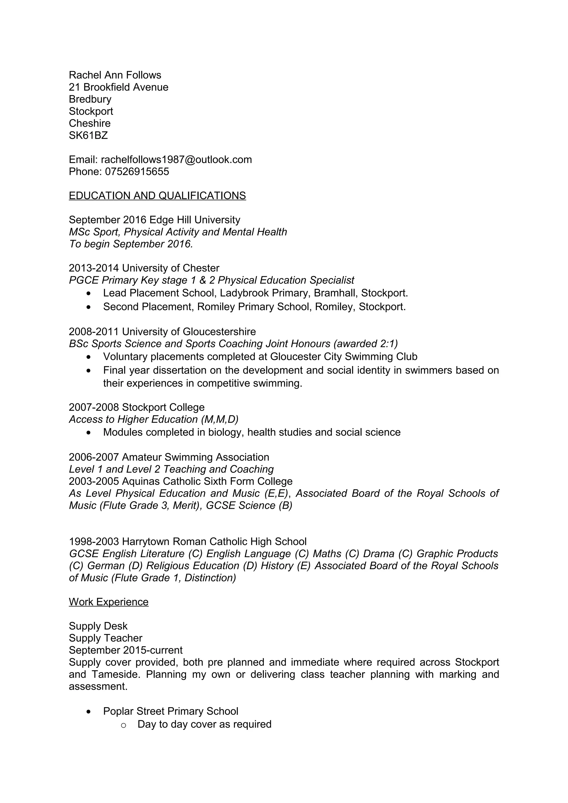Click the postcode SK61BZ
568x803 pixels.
coord(88,135)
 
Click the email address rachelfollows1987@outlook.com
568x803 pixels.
coord(176,160)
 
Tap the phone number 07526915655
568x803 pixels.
coord(137,172)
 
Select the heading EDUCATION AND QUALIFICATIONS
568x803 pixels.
coord(157,196)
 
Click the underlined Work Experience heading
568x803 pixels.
coord(108,602)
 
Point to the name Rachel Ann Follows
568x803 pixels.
coord(115,75)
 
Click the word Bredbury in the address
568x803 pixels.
coord(90,99)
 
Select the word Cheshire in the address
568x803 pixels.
coord(90,124)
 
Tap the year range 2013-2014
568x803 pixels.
coord(94,268)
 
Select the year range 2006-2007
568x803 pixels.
coord(94,457)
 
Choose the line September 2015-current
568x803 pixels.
coord(126,650)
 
